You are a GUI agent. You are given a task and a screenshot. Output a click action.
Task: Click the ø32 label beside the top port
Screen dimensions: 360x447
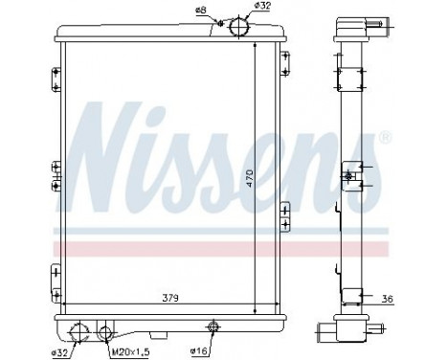262,7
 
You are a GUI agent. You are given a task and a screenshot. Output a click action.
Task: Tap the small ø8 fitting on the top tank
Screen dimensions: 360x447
219,23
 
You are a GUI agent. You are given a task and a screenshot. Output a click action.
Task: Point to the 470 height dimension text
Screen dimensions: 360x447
247,180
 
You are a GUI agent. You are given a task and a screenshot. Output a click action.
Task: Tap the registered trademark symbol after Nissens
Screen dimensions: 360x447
385,139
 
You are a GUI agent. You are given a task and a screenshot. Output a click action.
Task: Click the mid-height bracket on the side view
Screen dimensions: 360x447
351,176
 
